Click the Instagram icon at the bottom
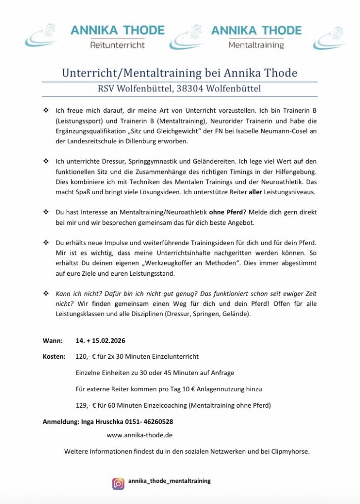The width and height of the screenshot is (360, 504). tap(118, 484)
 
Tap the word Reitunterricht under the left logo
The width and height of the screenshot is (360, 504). tap(117, 45)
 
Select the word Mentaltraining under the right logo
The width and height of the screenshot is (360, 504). tap(256, 45)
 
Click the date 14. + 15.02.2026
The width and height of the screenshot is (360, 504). tap(100, 341)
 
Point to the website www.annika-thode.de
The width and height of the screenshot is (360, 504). tap(139, 435)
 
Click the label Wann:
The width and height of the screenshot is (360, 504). tap(52, 341)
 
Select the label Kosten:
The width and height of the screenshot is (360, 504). tap(54, 356)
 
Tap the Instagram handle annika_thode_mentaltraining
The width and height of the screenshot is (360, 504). tap(169, 481)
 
